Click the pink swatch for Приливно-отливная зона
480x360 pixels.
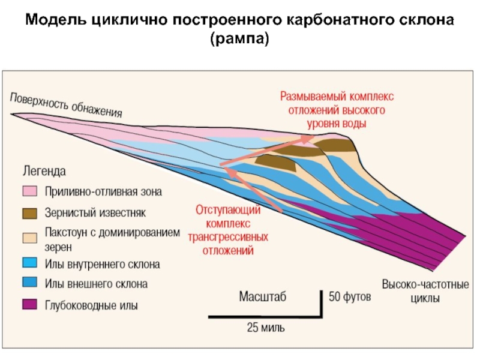click(x=31, y=192)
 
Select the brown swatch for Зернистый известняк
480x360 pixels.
click(x=31, y=212)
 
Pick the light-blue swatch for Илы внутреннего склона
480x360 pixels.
click(x=31, y=263)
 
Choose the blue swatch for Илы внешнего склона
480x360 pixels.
click(x=31, y=283)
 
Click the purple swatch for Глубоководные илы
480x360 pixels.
click(x=31, y=304)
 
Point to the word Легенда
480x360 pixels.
click(x=44, y=171)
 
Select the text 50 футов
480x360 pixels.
click(x=350, y=296)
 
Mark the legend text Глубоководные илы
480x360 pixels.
click(x=91, y=305)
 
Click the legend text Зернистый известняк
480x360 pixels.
click(x=95, y=212)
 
